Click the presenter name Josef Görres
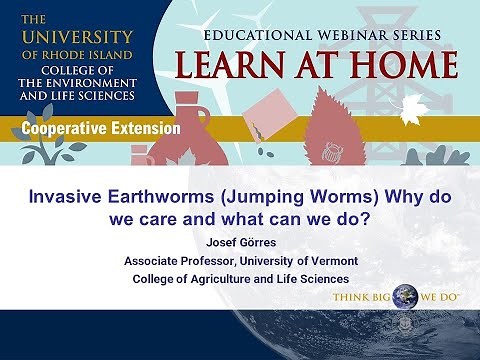point(240,241)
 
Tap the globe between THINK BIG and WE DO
point(405,297)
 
